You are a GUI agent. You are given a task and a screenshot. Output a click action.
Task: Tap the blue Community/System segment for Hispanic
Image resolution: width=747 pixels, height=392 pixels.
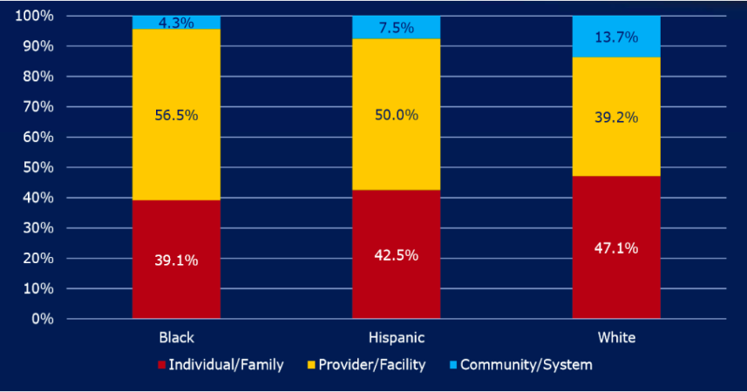point(396,27)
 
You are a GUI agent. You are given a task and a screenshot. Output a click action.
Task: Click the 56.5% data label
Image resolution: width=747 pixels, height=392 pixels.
point(176,115)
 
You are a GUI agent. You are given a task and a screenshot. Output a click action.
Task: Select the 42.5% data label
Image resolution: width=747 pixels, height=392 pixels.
point(396,255)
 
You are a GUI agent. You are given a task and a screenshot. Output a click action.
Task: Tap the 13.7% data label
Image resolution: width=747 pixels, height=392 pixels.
point(616,37)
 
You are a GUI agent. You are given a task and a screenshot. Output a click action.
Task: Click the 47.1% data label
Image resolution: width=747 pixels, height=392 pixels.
point(616,248)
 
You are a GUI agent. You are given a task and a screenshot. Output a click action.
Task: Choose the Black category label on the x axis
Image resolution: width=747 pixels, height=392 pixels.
point(176,337)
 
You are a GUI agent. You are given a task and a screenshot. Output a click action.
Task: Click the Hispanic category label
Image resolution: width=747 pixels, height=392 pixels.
point(396,337)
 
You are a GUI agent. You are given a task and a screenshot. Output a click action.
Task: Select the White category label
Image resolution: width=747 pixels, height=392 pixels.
point(616,337)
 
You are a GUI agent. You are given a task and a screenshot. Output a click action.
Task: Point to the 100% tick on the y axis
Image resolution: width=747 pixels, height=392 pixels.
point(34,17)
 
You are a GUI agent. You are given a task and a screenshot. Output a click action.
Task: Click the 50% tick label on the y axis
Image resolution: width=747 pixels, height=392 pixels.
point(37,167)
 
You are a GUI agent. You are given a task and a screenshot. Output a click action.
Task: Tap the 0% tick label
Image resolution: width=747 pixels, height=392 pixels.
point(41,319)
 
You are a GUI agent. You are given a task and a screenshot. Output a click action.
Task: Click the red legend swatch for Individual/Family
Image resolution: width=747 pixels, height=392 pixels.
point(163,365)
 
